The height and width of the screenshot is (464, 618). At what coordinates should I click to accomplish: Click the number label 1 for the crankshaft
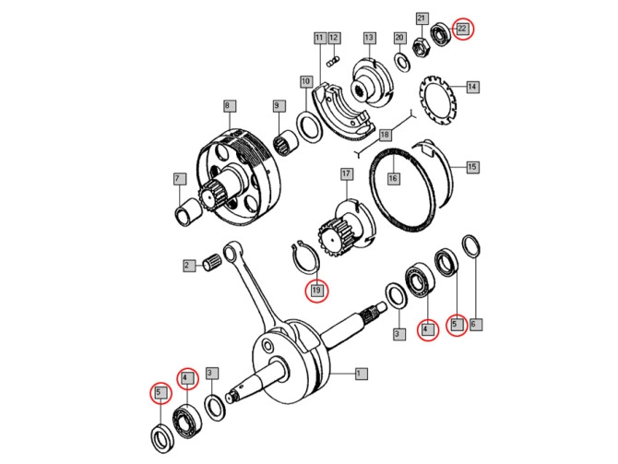point(361,374)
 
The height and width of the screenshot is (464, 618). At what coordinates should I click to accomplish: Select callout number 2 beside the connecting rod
point(186,266)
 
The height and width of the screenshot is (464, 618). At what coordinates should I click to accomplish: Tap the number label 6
point(474,324)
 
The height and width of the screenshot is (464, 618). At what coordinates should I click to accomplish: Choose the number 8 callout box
point(227,107)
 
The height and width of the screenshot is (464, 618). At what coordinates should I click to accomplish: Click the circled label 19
point(316,290)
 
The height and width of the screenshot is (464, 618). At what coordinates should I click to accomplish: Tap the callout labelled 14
point(472,87)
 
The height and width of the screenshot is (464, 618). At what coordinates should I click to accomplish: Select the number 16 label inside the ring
point(393,178)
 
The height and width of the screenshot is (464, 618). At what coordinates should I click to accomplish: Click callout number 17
point(346,173)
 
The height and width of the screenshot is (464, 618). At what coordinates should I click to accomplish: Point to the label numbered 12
point(334,38)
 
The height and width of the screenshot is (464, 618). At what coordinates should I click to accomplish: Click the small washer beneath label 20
point(403,61)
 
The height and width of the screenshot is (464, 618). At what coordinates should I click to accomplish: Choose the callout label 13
point(369,38)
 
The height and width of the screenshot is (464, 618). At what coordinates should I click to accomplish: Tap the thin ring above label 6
point(469,247)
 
